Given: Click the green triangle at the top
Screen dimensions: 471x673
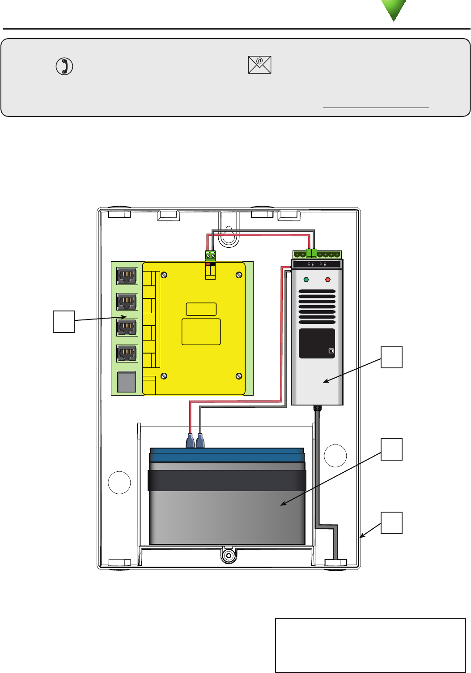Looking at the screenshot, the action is point(394,9).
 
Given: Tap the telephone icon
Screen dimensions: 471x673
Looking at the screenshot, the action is point(64,66).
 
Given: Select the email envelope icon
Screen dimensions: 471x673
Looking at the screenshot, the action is point(259,65).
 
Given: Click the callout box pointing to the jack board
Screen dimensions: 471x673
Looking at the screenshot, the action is point(64,321).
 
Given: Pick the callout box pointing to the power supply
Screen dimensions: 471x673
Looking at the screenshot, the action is point(391,357).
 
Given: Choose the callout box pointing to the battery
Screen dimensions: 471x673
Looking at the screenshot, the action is point(391,449).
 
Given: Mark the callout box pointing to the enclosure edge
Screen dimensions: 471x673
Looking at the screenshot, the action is point(391,523).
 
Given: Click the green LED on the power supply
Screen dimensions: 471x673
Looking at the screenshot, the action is point(306,280).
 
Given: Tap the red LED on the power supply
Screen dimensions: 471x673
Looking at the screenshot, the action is point(327,280).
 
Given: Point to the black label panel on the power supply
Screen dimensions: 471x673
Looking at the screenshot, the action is point(317,343).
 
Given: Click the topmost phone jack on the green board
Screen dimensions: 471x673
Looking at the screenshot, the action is point(127,276).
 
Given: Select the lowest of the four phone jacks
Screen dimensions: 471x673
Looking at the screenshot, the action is point(127,354).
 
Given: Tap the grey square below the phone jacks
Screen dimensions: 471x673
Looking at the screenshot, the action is point(127,382).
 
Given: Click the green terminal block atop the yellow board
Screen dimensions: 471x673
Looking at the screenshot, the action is point(210,255).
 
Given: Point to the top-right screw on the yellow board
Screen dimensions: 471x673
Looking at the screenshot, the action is point(239,275).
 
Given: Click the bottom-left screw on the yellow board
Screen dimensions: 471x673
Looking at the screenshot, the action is point(164,376).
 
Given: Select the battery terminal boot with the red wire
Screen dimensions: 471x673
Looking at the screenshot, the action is point(190,441).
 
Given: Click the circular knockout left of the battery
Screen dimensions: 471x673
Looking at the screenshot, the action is point(119,483).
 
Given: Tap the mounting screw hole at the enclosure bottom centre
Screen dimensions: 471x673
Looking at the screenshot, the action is point(229,556).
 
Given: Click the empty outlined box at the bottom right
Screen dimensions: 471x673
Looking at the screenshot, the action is point(370,645).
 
